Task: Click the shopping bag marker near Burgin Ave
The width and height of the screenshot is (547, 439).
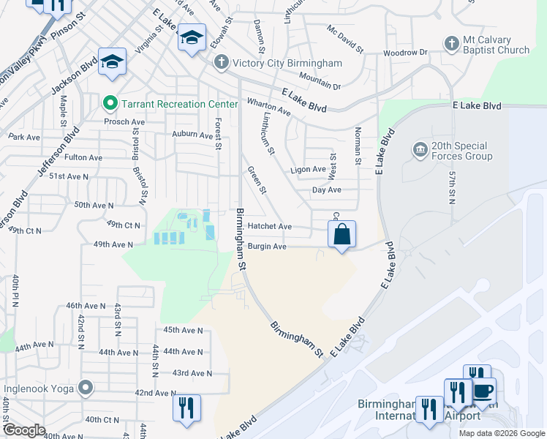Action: click(x=342, y=235)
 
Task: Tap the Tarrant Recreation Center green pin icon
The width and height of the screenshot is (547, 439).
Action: click(x=110, y=104)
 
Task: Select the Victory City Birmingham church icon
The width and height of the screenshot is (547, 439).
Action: click(x=220, y=64)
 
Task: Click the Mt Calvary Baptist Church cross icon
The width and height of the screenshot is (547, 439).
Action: click(x=451, y=44)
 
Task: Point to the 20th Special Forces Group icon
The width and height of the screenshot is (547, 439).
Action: click(x=420, y=151)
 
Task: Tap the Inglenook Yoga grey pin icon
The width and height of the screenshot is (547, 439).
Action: click(x=86, y=388)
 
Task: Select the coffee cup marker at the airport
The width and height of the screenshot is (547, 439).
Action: click(x=483, y=390)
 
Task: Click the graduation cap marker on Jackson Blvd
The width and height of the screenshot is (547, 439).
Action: click(x=113, y=62)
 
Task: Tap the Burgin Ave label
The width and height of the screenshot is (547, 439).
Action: click(x=267, y=247)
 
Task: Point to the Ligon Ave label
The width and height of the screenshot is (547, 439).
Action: click(x=308, y=169)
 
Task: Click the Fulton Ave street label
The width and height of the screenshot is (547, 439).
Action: click(x=83, y=157)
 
